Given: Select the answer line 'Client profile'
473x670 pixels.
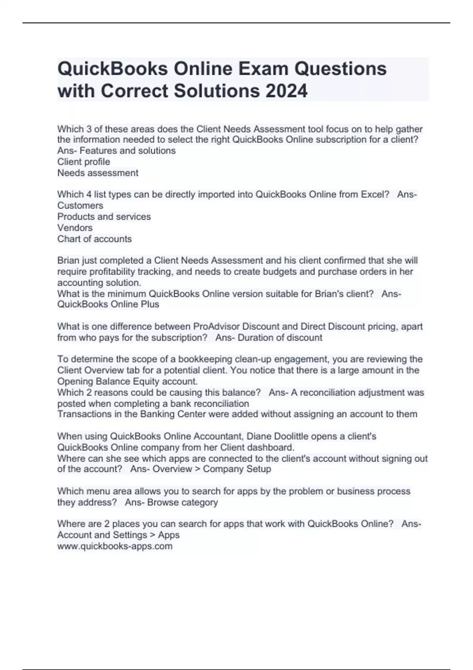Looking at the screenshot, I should tap(84, 162).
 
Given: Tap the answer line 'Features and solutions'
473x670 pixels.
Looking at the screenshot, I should tap(127, 151).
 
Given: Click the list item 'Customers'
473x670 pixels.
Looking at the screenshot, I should tap(80, 205).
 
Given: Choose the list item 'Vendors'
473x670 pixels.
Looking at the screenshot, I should tap(75, 228).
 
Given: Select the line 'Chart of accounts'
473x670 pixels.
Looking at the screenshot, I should tap(95, 239).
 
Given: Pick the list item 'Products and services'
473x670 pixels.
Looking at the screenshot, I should tap(104, 216).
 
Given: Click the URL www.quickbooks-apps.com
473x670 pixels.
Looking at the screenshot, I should tap(115, 546).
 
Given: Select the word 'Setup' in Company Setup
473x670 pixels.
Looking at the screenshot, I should tap(258, 469).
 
